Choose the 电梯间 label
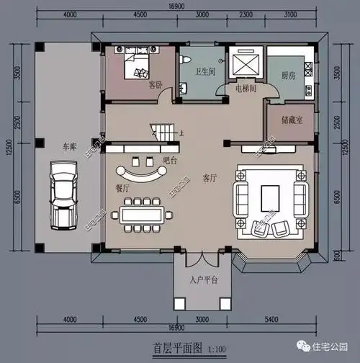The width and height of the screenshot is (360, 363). point(246,89)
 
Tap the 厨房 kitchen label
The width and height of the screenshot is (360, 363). point(289,74)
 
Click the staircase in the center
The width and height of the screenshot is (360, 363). point(164,133)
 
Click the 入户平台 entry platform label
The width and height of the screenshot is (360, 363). point(204,279)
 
